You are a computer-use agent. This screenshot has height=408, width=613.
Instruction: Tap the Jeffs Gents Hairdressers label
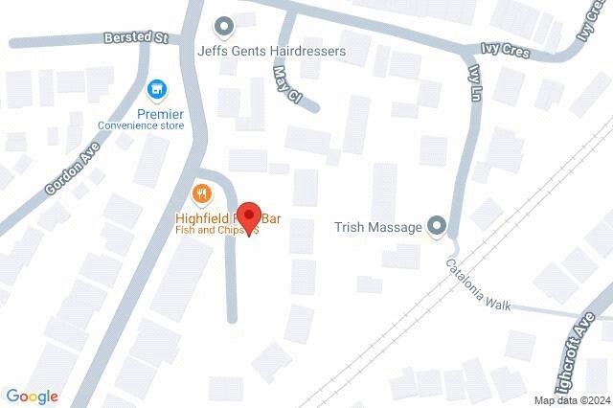tap(270, 50)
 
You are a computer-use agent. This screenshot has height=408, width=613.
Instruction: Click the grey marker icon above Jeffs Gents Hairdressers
tap(224, 25)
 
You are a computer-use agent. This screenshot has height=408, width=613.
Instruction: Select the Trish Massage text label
tap(378, 227)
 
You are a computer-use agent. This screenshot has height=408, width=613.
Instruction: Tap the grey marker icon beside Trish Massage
tap(437, 226)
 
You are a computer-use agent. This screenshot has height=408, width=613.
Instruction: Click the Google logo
tap(32, 397)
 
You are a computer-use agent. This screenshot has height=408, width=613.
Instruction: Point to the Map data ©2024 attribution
tap(572, 400)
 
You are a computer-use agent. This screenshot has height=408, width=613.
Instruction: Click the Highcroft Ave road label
tap(581, 355)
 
